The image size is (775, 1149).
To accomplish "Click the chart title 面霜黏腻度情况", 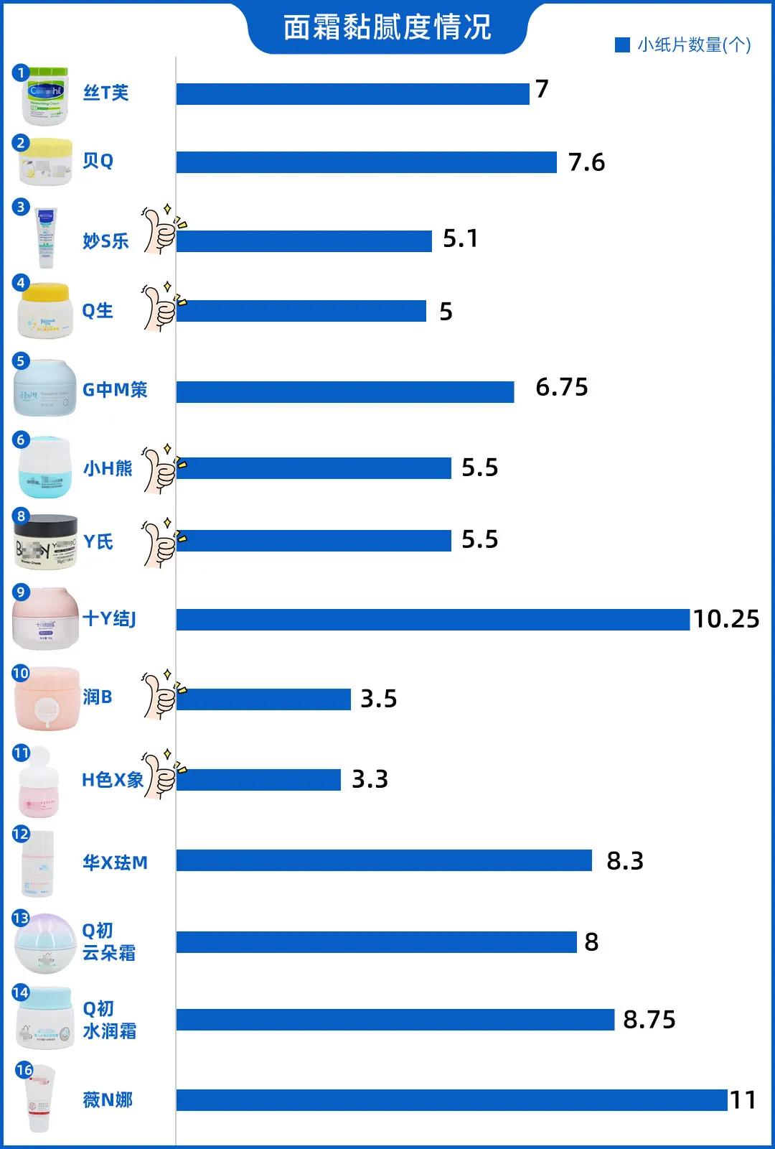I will [x=387, y=27].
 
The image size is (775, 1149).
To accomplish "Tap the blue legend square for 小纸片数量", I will [x=622, y=45].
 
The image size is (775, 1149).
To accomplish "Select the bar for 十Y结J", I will [x=433, y=619].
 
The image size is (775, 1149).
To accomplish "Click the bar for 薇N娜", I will [x=452, y=1099].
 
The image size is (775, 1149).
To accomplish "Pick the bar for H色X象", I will [x=258, y=779].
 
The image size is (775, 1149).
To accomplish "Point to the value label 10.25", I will [x=725, y=619].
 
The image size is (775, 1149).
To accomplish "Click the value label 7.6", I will [x=586, y=163].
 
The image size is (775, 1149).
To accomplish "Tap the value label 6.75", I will [x=561, y=388].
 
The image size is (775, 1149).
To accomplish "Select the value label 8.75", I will [x=649, y=1020].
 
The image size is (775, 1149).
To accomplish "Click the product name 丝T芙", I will [x=105, y=93].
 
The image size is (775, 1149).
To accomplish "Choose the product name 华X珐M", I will [x=115, y=862].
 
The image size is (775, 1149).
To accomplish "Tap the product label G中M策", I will [x=115, y=389].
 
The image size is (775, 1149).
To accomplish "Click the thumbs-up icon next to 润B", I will [x=161, y=694].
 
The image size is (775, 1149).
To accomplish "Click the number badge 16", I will [x=24, y=1070].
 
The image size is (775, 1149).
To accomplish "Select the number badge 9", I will [x=20, y=592].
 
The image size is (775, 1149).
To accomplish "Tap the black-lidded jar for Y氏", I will [x=46, y=541].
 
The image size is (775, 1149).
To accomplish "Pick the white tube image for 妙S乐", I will [x=46, y=238].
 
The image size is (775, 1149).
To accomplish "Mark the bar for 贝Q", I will [x=366, y=162].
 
